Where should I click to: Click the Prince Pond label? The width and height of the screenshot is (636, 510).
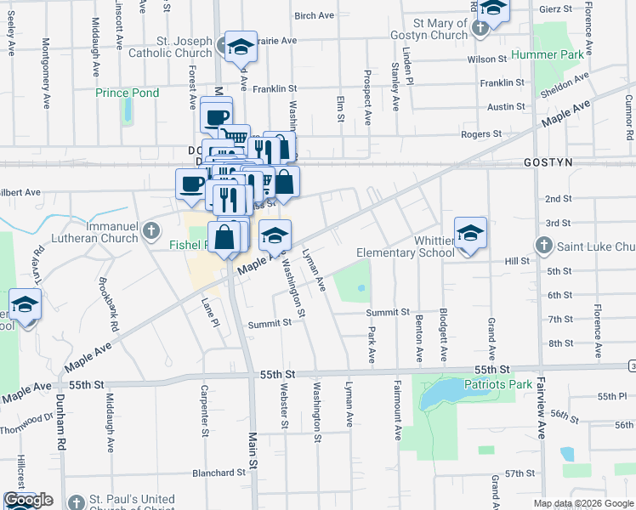pos(127,93)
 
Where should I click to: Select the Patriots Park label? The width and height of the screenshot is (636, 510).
pos(498,384)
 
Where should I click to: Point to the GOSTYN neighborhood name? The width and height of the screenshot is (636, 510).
pos(548,161)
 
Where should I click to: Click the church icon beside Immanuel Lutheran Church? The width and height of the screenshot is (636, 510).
pos(150,229)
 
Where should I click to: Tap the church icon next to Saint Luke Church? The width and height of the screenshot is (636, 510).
pos(545,246)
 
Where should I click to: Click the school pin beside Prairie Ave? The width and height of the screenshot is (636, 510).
pos(241,47)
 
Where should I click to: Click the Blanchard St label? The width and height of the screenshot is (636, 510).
pos(219,473)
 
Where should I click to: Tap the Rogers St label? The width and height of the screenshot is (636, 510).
pos(481,134)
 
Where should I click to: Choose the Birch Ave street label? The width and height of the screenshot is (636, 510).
pos(315,15)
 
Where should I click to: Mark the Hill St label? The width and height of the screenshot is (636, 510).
pos(517,260)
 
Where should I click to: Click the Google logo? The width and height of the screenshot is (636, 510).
pos(28,500)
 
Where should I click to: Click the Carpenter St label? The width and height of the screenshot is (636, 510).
pos(204,410)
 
